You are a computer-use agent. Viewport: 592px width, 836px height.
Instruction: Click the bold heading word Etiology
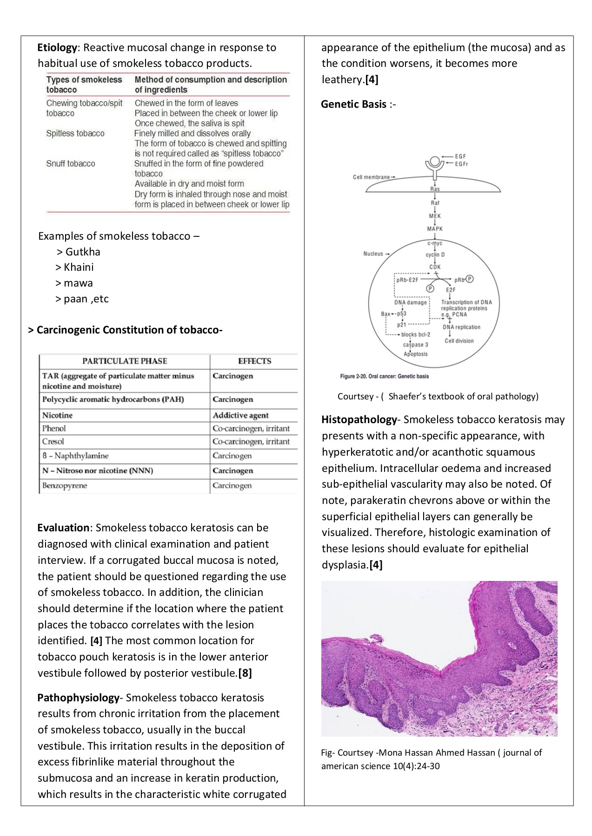(x=57, y=47)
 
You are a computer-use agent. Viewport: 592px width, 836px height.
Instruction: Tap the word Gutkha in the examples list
(x=83, y=252)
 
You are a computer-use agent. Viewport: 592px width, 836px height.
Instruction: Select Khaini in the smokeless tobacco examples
(x=79, y=267)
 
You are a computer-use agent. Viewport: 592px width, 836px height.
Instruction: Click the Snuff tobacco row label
(x=70, y=163)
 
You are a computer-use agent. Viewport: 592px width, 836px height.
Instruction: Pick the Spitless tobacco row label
(x=75, y=133)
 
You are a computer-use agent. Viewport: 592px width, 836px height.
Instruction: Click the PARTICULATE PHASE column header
(x=125, y=361)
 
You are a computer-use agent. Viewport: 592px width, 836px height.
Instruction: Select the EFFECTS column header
(x=254, y=361)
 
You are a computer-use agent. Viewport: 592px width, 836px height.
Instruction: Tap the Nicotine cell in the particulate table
(x=57, y=415)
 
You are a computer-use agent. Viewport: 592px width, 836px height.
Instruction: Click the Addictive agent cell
(x=240, y=415)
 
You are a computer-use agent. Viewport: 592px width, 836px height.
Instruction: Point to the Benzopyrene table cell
(x=65, y=486)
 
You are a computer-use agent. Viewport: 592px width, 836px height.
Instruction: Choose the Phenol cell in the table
(x=54, y=428)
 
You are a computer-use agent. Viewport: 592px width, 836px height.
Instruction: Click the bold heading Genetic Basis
(x=353, y=104)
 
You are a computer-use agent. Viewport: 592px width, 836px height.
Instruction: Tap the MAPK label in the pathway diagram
(x=435, y=229)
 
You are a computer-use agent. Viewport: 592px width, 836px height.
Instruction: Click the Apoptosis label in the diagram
(x=415, y=354)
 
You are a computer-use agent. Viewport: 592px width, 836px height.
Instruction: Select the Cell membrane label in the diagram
(x=372, y=177)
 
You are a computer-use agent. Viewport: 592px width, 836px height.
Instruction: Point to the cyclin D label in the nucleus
(x=435, y=255)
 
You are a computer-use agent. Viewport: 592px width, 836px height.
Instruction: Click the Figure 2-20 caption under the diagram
(x=384, y=376)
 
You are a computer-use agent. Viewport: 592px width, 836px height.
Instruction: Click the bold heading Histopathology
(x=359, y=420)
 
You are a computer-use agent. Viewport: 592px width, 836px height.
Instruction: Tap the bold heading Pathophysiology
(x=78, y=698)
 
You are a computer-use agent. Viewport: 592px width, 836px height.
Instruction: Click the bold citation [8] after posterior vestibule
(x=245, y=673)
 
